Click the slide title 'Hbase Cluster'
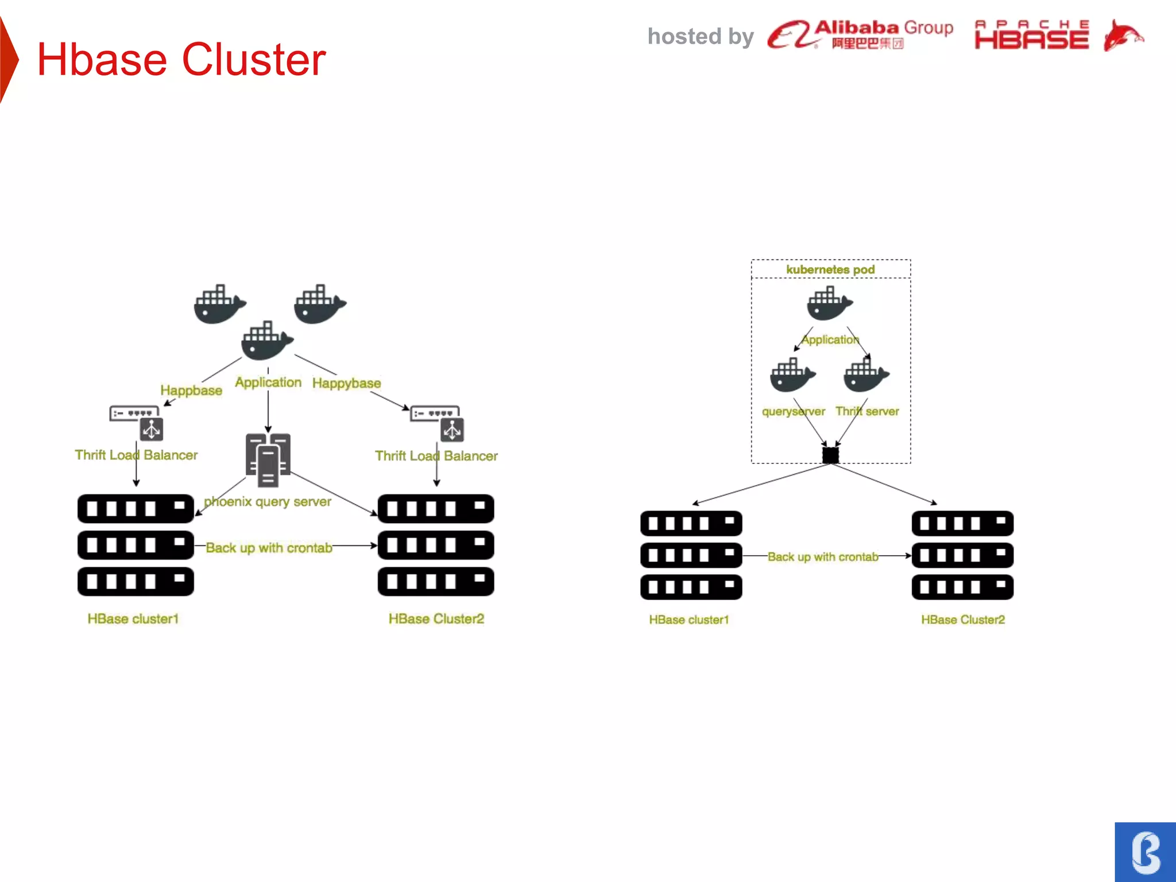coord(181,59)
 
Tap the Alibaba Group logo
coord(860,34)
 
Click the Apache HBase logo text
coord(1031,36)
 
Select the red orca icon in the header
coord(1123,36)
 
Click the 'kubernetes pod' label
coord(830,269)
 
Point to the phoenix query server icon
coord(268,459)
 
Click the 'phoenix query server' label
coord(268,501)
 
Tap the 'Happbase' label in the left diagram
coord(191,390)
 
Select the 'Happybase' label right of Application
coord(346,383)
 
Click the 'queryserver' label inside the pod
coord(793,411)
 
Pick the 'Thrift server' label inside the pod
coord(867,411)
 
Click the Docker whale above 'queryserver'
coord(792,376)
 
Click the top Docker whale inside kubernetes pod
coord(829,303)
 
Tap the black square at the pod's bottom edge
coord(830,455)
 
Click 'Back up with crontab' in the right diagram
coord(823,556)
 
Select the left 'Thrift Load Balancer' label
coord(136,455)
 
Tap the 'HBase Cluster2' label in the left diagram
coord(436,618)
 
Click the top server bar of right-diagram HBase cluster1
coord(691,523)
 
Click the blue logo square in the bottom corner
coord(1145,852)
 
